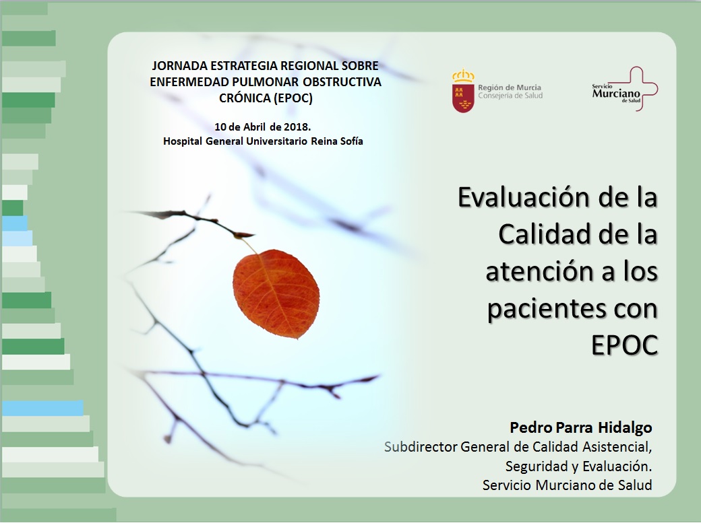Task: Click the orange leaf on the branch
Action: pyautogui.click(x=276, y=293)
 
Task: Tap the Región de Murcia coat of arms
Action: pyautogui.click(x=463, y=91)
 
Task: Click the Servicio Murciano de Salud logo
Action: pyautogui.click(x=625, y=89)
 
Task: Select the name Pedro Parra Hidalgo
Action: pyautogui.click(x=581, y=427)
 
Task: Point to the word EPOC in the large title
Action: pyautogui.click(x=625, y=345)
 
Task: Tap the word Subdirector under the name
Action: pyautogui.click(x=421, y=447)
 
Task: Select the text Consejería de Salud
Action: pyautogui.click(x=510, y=96)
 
